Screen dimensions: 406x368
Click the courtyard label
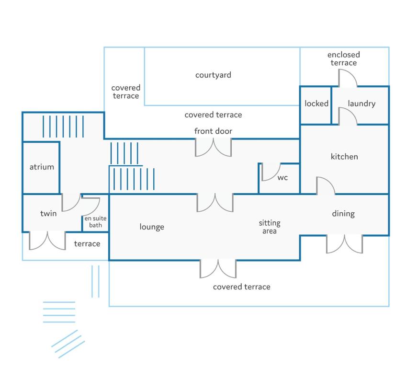tap(213, 75)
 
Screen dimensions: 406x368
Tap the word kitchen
tap(344, 157)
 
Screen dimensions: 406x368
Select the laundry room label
tap(361, 103)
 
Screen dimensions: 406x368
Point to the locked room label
tap(316, 103)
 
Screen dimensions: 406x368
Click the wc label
tap(282, 178)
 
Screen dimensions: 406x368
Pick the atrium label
tap(42, 167)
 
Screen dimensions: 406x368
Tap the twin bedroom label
tap(48, 214)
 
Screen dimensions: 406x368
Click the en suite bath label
tap(95, 222)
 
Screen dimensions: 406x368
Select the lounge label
tap(152, 227)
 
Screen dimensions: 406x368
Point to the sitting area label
tap(270, 227)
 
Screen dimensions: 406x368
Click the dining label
tap(343, 214)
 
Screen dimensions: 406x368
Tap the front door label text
tap(213, 131)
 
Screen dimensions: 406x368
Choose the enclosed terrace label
tap(344, 58)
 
